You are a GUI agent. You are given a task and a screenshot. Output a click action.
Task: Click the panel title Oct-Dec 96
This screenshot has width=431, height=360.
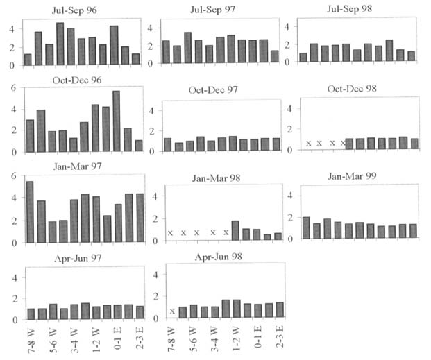coord(76,80)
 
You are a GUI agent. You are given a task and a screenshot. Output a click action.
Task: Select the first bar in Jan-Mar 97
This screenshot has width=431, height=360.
coord(29,212)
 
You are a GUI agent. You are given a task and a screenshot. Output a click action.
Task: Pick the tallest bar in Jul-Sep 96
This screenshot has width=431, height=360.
coord(60,44)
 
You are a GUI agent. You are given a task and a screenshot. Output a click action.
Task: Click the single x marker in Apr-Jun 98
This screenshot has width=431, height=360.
coord(171,311)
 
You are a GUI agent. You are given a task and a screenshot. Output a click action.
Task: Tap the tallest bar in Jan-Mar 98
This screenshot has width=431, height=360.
coord(235,230)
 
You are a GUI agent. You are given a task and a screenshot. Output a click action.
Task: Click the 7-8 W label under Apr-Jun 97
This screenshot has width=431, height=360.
coord(29,340)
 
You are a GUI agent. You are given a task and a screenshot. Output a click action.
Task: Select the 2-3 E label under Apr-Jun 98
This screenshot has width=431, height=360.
coord(280,339)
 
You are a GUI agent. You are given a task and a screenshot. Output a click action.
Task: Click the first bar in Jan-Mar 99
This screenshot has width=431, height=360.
coord(306,228)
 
